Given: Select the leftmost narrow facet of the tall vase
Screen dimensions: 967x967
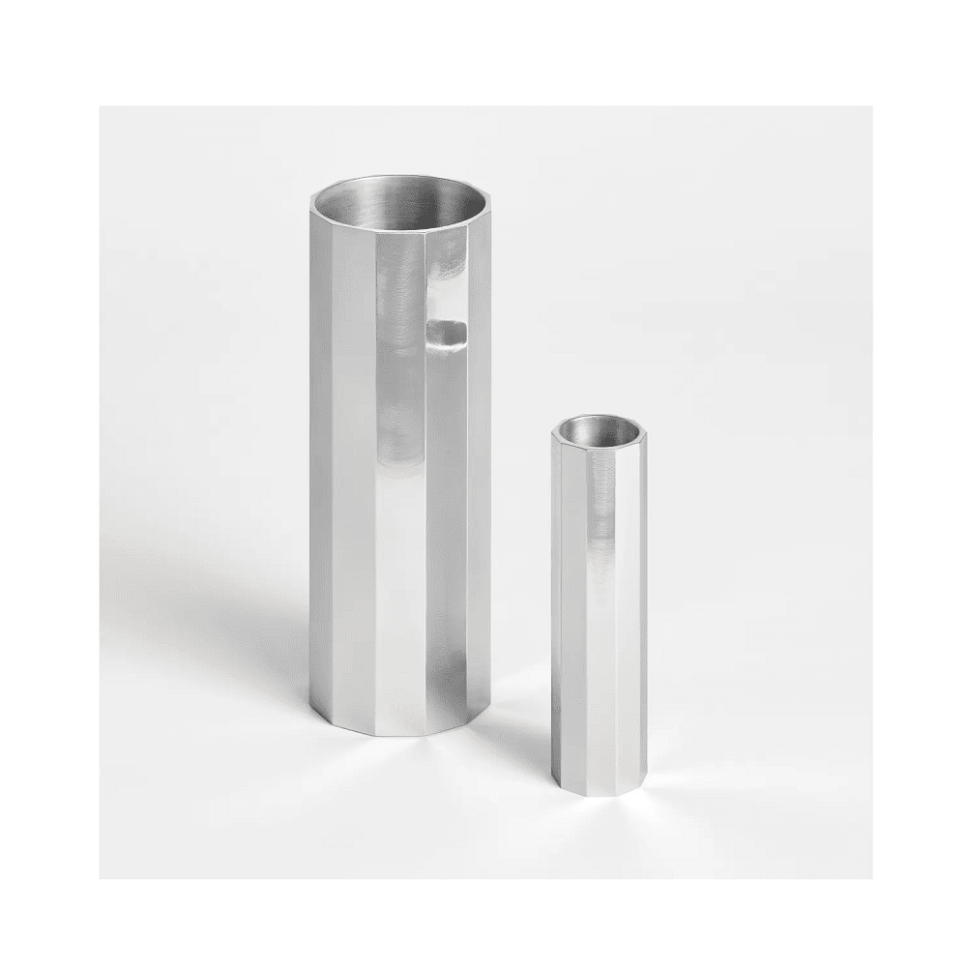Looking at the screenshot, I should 315,464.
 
